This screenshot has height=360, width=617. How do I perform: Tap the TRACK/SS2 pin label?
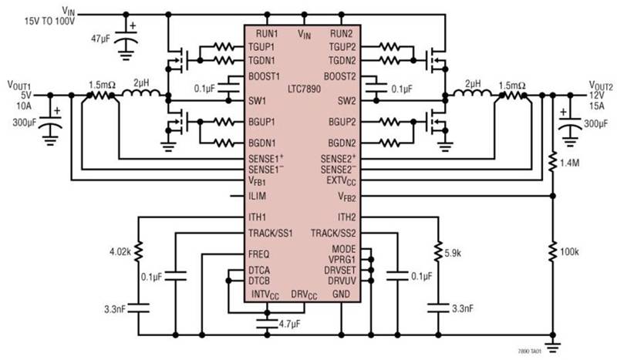click(333, 234)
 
